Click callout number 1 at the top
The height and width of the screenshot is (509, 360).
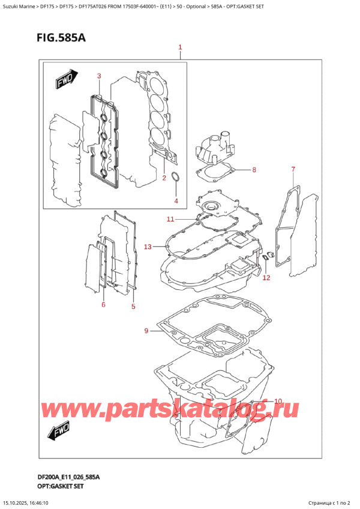pyautogui.click(x=180, y=47)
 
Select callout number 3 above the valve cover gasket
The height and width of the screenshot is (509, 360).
pyautogui.click(x=99, y=76)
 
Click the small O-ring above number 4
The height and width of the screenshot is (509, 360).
pyautogui.click(x=175, y=177)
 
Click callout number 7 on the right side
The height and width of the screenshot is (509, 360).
pyautogui.click(x=293, y=169)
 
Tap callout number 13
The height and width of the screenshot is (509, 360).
pyautogui.click(x=148, y=246)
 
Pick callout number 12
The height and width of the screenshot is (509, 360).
pyautogui.click(x=266, y=277)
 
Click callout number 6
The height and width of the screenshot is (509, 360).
pyautogui.click(x=103, y=305)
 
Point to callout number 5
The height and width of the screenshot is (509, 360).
pyautogui.click(x=133, y=307)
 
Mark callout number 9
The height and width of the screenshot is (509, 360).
pyautogui.click(x=146, y=331)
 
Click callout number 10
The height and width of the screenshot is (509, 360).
pyautogui.click(x=277, y=401)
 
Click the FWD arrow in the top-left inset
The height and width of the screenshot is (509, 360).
pyautogui.click(x=63, y=81)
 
